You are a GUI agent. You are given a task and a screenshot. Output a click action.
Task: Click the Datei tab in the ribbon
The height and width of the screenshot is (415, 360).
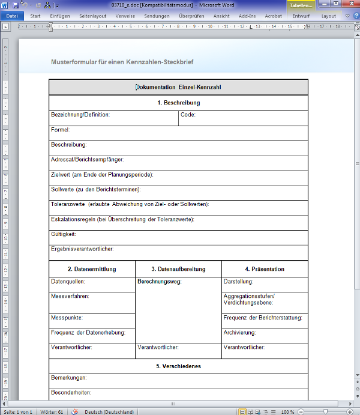pos(12,16)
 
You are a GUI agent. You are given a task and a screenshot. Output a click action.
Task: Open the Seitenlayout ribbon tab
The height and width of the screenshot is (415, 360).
pos(93,16)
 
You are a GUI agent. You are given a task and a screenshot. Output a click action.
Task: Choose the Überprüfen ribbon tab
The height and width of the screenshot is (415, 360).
pos(192,16)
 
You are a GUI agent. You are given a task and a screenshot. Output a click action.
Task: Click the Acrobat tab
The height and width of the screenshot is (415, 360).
pos(273,16)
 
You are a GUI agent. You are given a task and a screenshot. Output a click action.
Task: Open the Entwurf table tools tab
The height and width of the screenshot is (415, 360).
pos(301,16)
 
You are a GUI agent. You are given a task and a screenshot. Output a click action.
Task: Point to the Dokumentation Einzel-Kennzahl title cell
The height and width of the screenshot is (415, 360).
pos(178,88)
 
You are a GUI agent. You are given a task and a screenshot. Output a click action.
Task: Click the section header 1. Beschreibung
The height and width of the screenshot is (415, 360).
pos(178,103)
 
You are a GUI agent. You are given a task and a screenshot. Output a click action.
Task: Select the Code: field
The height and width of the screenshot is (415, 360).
pos(188,115)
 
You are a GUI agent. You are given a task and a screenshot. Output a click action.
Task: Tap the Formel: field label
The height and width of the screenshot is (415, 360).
pos(61,130)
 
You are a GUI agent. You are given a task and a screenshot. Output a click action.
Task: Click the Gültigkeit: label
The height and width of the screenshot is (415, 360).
pos(64,234)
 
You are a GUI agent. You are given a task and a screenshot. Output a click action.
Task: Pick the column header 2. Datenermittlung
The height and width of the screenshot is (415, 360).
pos(92,269)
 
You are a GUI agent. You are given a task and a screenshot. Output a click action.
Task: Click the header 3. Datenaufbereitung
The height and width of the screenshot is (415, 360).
pos(178,269)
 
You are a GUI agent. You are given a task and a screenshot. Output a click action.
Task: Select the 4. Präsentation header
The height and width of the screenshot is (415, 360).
pos(265,269)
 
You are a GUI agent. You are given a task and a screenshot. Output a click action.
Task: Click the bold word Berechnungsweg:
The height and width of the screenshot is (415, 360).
pos(159,282)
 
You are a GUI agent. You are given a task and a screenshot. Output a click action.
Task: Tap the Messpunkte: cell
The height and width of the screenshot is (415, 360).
pos(67,318)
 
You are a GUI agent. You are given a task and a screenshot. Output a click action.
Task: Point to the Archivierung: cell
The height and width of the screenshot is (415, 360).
pos(239,333)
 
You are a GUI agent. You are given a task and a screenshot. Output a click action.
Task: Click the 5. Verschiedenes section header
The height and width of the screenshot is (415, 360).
pos(178,366)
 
